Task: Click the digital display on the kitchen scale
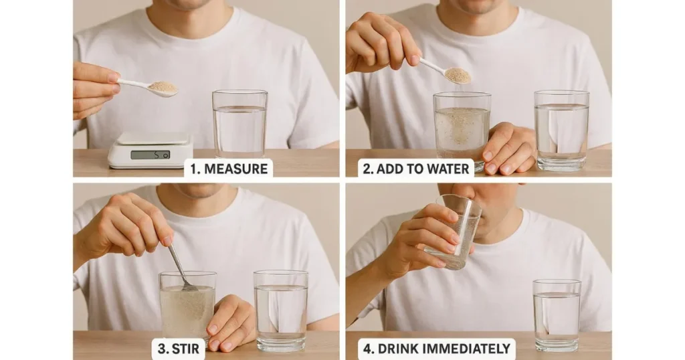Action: (151, 155)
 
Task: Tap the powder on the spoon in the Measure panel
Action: (163, 86)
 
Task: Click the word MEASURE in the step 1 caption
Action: (236, 169)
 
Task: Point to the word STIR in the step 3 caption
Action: (185, 349)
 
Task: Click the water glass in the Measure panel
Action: (240, 124)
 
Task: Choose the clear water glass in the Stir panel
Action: (281, 310)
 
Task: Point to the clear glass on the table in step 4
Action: (557, 315)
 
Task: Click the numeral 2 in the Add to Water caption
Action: (367, 169)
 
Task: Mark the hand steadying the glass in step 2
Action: (507, 148)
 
